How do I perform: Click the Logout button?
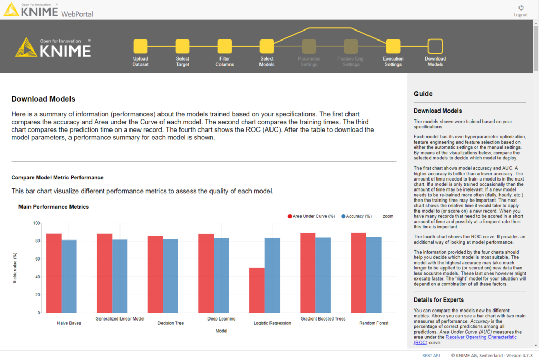[x=521, y=11]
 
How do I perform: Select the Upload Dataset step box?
[x=141, y=46]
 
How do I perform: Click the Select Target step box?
[x=183, y=46]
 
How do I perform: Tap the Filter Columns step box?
[x=225, y=46]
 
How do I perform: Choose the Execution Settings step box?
[x=393, y=46]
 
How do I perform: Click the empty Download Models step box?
[x=435, y=46]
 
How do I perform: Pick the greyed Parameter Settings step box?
[x=309, y=46]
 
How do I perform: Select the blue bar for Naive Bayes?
[x=69, y=276]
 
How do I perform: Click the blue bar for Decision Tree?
[x=171, y=276]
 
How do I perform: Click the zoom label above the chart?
[x=388, y=216]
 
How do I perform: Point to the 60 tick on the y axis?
[x=37, y=259]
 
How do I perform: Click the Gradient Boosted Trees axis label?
[x=323, y=319]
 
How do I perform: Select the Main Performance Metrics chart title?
[x=54, y=207]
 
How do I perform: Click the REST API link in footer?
[x=431, y=355]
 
